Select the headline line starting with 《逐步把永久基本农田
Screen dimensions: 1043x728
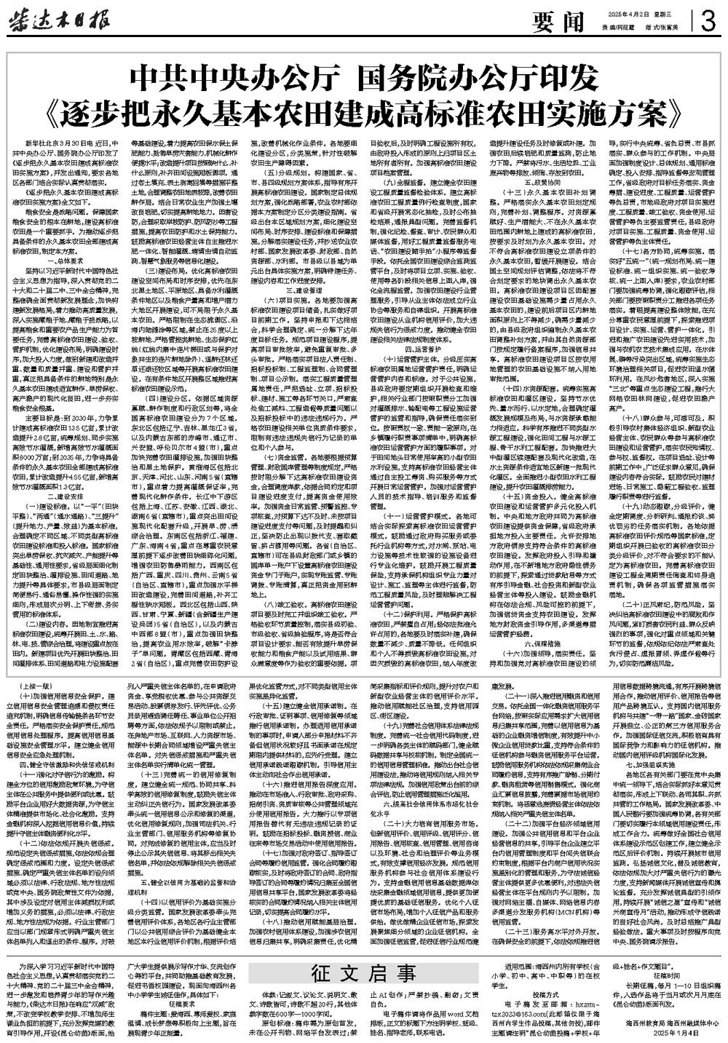click(364, 109)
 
